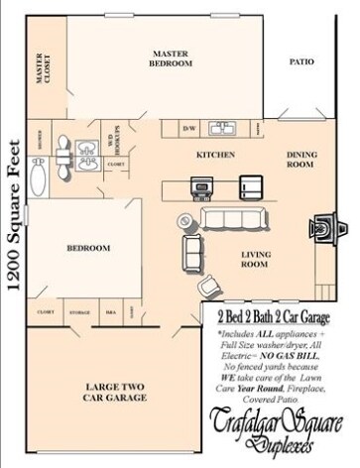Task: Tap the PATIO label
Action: (x=301, y=61)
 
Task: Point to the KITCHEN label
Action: (x=213, y=157)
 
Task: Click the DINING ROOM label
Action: (x=301, y=160)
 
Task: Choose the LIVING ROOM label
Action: (x=256, y=260)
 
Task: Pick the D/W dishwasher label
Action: (x=191, y=129)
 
